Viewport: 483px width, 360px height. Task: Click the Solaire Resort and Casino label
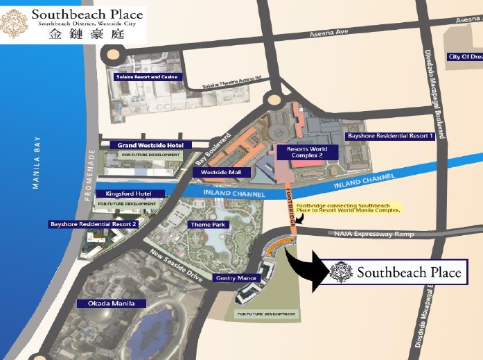click(147, 76)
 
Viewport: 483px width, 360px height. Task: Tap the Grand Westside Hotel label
click(150, 144)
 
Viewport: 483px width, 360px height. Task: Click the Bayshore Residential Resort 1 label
click(390, 137)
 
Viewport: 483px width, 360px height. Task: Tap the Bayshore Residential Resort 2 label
click(94, 224)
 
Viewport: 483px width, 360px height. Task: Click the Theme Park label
click(208, 225)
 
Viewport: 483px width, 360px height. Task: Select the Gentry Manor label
click(236, 278)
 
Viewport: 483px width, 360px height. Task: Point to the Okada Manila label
click(112, 303)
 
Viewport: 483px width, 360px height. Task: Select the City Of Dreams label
click(464, 56)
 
